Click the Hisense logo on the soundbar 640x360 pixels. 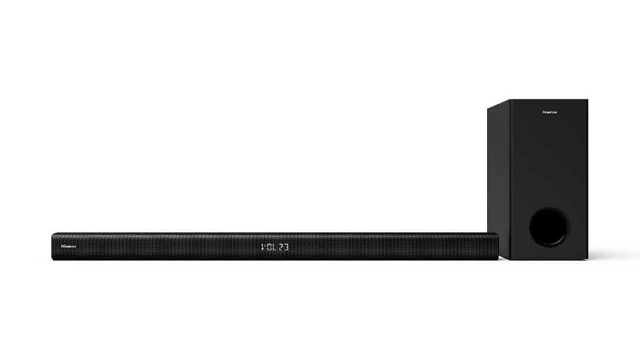(69, 245)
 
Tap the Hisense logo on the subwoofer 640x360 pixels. (549, 111)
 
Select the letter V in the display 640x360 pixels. (263, 246)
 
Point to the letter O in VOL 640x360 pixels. (269, 246)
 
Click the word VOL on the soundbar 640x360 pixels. (269, 246)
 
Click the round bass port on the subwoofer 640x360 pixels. (548, 227)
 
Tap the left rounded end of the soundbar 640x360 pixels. (54, 246)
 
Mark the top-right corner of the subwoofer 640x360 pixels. (587, 100)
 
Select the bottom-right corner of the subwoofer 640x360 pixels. (587, 258)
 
